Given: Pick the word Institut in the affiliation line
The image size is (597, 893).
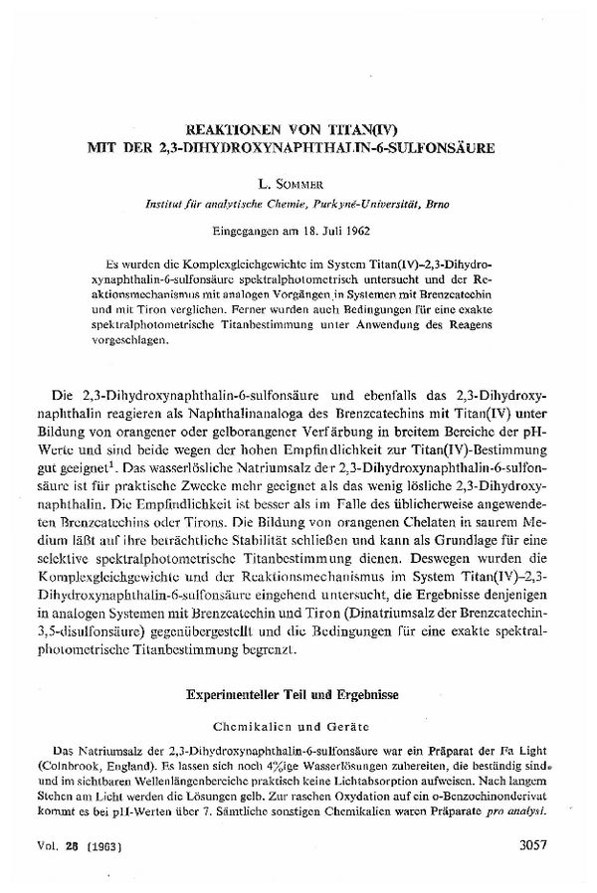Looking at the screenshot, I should point(166,202).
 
